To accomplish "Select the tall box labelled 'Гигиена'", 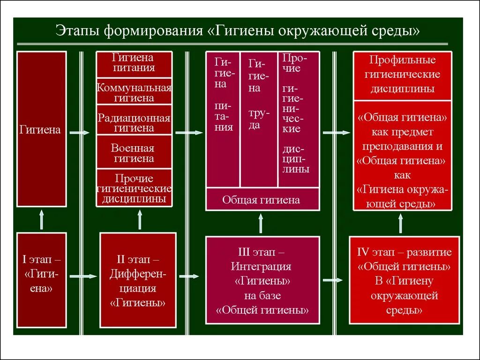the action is click(41, 129).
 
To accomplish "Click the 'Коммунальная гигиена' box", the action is click(134, 92).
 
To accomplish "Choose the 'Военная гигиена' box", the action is click(134, 153).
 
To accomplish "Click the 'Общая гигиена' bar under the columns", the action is click(262, 200).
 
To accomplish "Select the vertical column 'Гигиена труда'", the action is click(258, 119).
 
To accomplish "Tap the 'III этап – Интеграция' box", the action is click(262, 280).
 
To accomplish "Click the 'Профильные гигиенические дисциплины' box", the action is click(402, 75).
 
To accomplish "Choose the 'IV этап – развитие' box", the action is click(404, 280).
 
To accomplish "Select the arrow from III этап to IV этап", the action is click(333, 280).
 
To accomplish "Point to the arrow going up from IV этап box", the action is click(401, 224).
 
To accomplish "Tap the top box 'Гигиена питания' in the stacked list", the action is click(134, 64).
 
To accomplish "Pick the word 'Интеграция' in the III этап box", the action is click(261, 267).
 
